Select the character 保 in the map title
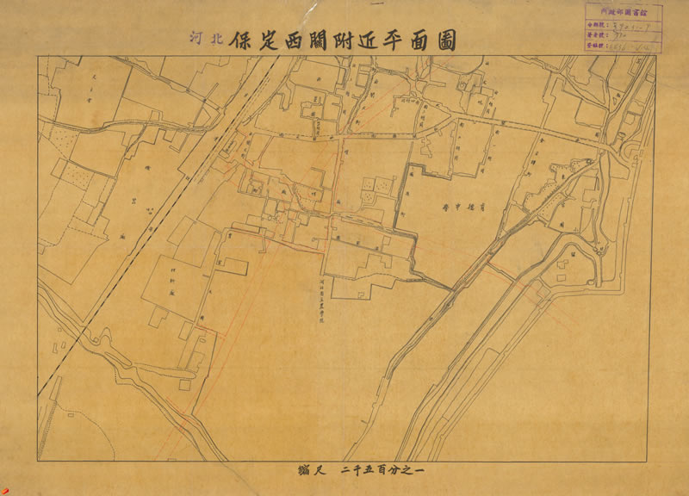[241, 40]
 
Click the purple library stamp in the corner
[623, 27]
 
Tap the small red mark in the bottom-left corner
[4, 491]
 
